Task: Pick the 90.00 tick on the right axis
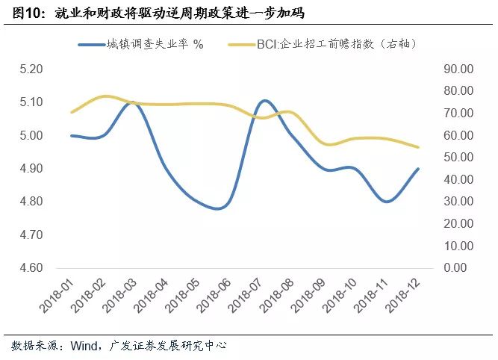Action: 458,69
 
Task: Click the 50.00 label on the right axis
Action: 458,158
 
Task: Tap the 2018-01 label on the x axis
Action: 57,297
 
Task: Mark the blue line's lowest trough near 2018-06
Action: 217,208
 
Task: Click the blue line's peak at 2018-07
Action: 266,100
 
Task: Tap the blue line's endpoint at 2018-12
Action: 418,169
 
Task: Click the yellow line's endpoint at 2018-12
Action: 418,147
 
